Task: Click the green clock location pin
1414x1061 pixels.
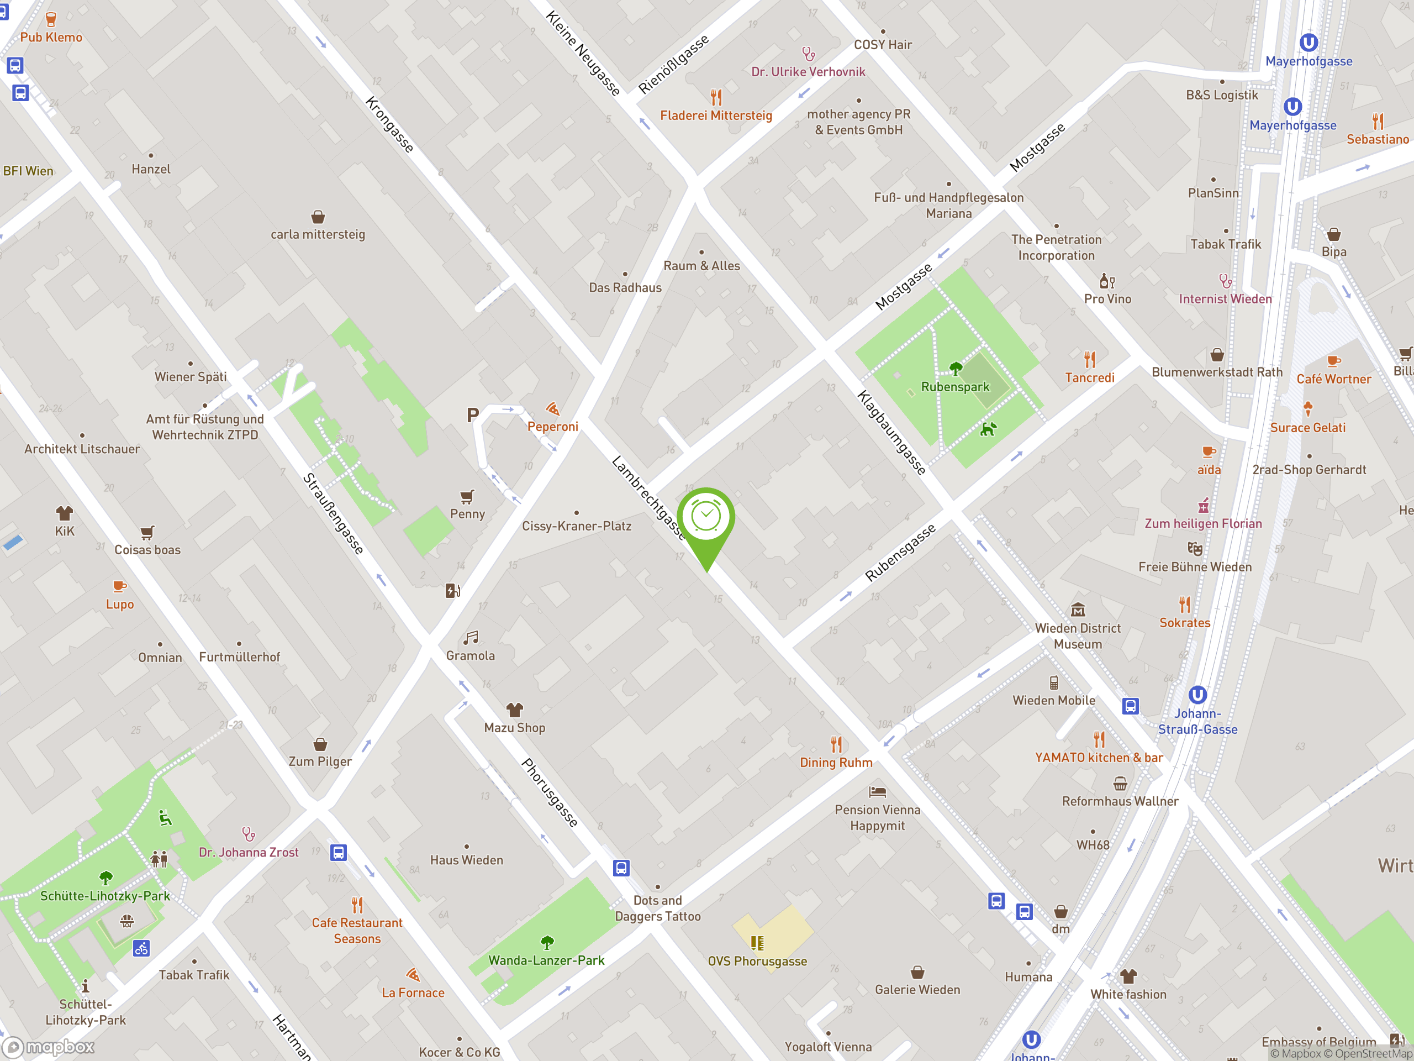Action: (706, 518)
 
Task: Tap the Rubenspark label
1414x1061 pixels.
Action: (954, 387)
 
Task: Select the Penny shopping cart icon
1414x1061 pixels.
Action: (467, 496)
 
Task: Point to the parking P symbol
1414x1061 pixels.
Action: (472, 416)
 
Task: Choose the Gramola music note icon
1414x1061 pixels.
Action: (471, 638)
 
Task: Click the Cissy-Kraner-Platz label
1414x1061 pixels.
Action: (577, 526)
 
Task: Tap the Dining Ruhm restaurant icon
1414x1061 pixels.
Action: (836, 744)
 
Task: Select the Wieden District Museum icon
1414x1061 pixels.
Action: (1078, 610)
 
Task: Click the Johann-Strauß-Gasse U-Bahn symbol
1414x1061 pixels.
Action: (1197, 695)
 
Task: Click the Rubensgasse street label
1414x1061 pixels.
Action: (900, 552)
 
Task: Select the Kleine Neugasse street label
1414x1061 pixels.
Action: (582, 53)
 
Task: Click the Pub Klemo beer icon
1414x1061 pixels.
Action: (51, 20)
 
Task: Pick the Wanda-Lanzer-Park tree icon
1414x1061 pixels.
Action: (547, 942)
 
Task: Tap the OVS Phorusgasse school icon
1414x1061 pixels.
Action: (757, 943)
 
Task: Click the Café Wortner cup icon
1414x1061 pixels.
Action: (1333, 361)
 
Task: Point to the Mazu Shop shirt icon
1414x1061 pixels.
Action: (515, 710)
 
